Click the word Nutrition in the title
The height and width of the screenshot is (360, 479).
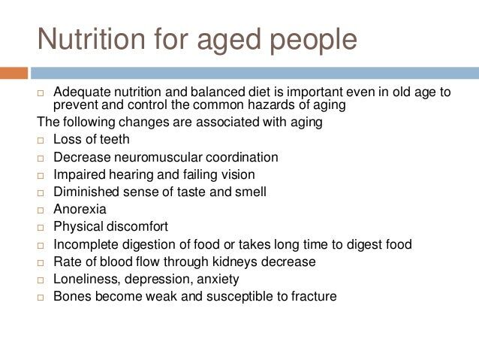coord(91,38)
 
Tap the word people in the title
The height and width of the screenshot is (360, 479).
coord(313,41)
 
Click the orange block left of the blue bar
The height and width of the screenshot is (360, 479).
coord(14,73)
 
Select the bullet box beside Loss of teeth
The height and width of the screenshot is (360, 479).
coord(41,141)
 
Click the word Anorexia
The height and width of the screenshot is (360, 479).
coord(80,209)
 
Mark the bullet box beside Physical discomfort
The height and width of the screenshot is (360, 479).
coord(41,228)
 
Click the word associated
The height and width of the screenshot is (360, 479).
coord(227,122)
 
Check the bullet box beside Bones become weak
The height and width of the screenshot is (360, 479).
coord(41,298)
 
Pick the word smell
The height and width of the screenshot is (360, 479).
coord(251,192)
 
